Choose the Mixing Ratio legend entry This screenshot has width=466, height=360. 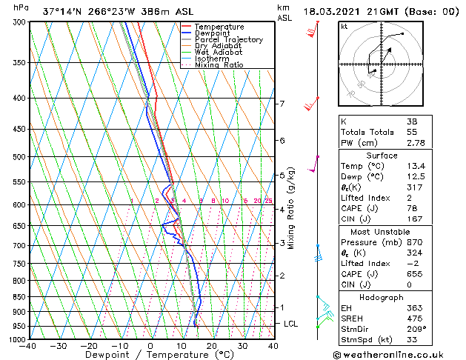[219, 65]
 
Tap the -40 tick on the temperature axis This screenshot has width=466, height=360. [28, 346]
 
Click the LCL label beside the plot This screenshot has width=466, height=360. [291, 324]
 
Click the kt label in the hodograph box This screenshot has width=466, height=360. [344, 26]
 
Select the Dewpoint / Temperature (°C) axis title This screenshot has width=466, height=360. [150, 356]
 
